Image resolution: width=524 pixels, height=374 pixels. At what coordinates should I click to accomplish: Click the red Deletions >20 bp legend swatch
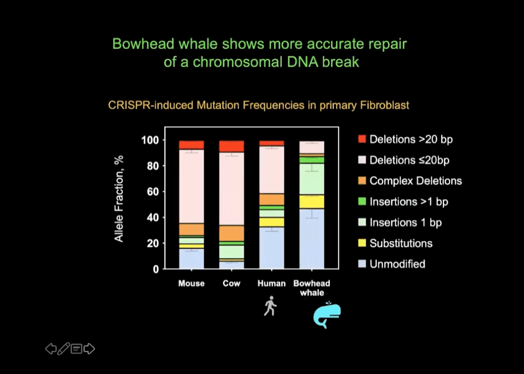pos(362,139)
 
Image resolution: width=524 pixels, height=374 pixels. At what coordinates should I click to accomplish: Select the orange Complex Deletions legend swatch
pos(362,181)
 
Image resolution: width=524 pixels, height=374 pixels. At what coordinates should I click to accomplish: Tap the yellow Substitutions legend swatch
pos(362,243)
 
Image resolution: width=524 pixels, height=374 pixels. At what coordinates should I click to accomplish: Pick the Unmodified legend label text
pos(397,264)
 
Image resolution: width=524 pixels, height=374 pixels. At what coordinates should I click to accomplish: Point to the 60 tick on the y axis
pos(153,192)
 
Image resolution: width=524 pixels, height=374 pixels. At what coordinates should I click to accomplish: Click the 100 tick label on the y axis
pos(150,140)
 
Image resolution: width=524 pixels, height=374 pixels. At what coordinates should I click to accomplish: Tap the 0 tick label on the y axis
pos(156,269)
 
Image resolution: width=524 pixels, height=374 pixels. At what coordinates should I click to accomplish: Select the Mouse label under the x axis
pos(191,283)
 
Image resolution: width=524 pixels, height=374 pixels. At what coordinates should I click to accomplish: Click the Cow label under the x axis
pos(231,283)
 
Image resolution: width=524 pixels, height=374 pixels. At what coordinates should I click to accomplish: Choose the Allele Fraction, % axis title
pos(119,199)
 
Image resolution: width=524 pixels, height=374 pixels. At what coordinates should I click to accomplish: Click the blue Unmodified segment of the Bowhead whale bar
pos(312,239)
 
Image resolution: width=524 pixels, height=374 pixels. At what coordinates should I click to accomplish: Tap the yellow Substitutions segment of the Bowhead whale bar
pos(312,202)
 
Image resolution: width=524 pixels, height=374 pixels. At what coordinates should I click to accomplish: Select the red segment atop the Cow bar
pos(232,146)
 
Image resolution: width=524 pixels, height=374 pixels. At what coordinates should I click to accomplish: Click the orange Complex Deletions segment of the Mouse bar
pos(192,229)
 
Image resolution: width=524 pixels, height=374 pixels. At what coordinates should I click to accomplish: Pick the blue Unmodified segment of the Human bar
pos(272,248)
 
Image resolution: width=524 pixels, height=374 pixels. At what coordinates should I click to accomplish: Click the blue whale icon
pos(327,315)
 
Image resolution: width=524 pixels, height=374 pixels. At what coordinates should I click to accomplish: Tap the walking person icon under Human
pos(270,306)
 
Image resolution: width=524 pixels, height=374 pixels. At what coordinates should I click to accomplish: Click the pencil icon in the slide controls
pos(63,349)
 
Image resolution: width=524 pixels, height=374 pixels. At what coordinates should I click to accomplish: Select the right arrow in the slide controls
pos(89,349)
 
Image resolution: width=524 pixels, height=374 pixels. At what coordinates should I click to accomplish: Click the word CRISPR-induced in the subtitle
pos(151,105)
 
